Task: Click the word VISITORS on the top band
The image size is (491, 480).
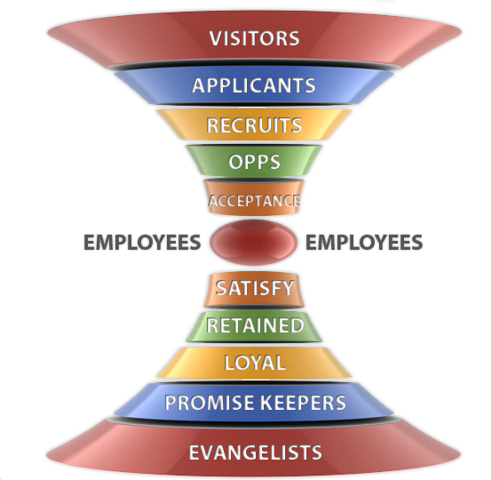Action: point(254,38)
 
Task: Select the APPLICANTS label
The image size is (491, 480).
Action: point(254,85)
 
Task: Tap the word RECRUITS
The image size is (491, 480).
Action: point(254,125)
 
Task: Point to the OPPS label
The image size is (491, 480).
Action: point(254,162)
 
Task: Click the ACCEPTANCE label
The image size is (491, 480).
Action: point(254,201)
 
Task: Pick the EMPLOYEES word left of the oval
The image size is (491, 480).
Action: point(142,243)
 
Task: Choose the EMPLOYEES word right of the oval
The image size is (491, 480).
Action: point(364,243)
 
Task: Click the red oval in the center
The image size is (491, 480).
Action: point(254,242)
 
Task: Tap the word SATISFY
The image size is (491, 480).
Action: point(255,288)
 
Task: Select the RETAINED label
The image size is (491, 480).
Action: point(255,325)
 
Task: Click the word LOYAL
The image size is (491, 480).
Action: point(255,363)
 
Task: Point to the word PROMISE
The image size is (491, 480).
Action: point(210,403)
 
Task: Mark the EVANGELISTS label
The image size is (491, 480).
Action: point(255,452)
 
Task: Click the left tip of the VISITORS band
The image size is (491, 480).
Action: point(48,32)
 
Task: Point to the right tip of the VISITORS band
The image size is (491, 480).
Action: point(461,32)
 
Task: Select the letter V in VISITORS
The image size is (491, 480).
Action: point(216,38)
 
